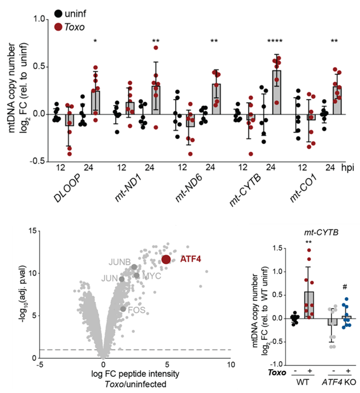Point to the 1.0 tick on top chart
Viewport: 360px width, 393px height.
pyautogui.click(x=38, y=19)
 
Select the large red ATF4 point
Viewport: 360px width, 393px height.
pyautogui.click(x=166, y=259)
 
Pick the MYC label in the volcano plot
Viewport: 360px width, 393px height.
pyautogui.click(x=152, y=275)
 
